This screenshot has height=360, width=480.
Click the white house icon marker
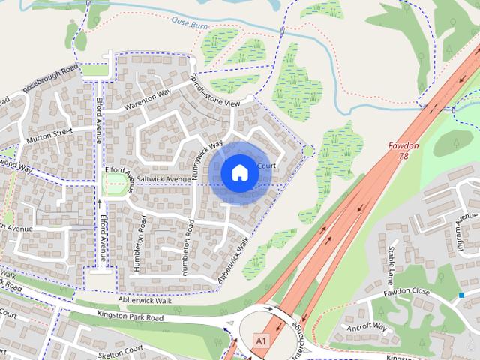[x=239, y=173]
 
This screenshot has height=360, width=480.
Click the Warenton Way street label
[x=148, y=99]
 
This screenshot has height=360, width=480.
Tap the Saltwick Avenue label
[x=159, y=180]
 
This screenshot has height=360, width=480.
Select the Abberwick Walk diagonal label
[x=233, y=261]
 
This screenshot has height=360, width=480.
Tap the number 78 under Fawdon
[x=405, y=155]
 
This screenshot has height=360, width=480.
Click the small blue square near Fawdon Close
[x=461, y=295]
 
